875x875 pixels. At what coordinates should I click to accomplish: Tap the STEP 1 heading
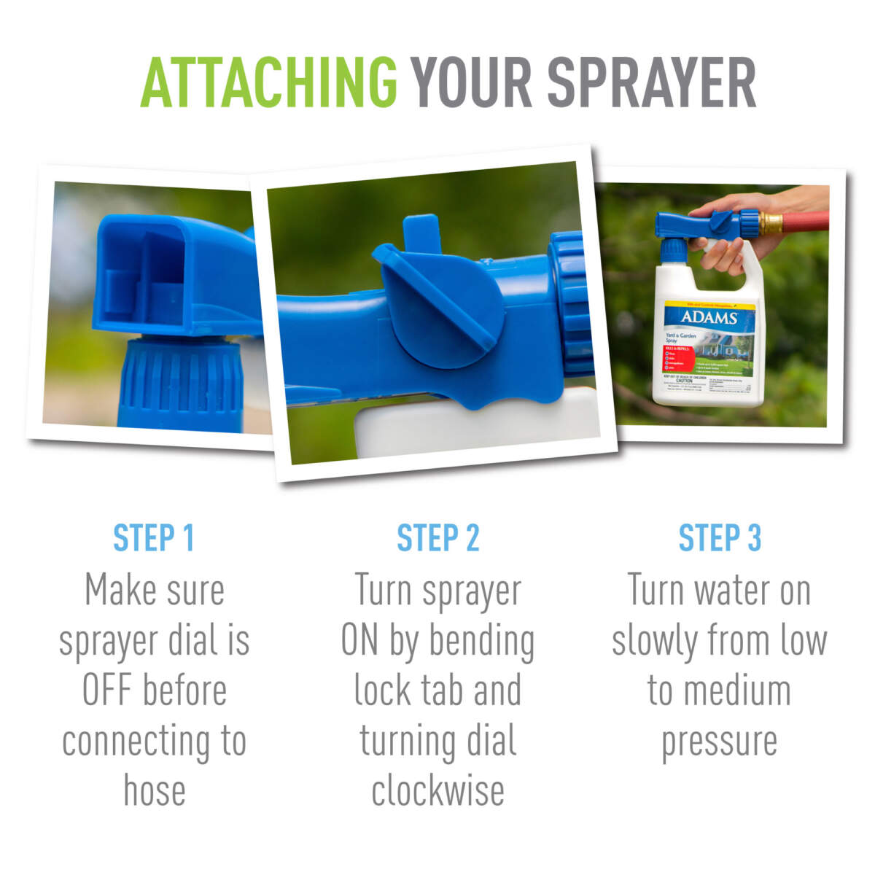coord(154,538)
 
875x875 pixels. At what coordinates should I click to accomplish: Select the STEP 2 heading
coord(437,538)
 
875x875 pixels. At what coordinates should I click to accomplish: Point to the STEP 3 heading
coord(720,538)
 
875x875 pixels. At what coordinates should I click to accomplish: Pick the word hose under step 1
coord(154,791)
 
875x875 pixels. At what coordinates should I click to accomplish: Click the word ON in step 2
coord(359,640)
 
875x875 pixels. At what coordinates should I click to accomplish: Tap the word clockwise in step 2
coord(437,791)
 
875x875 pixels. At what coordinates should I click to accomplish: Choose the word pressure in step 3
coord(719,741)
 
